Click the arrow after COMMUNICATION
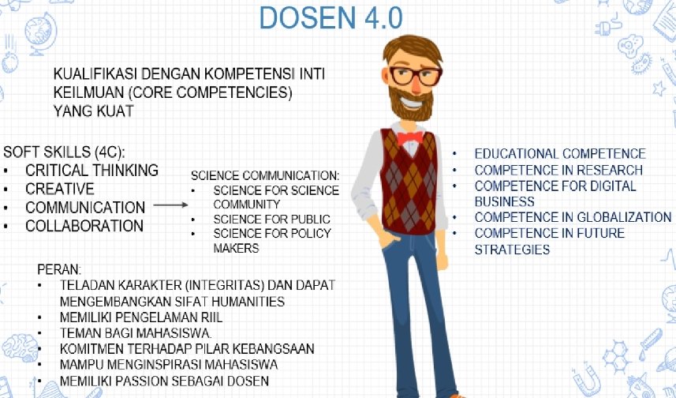[x=170, y=205]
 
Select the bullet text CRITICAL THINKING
[x=92, y=171]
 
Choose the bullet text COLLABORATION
[x=84, y=226]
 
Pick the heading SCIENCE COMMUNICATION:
[x=265, y=175]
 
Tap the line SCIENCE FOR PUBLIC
[x=271, y=219]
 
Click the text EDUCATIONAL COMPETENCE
[x=559, y=154]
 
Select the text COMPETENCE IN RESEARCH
[x=558, y=170]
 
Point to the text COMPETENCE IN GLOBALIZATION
[x=573, y=217]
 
